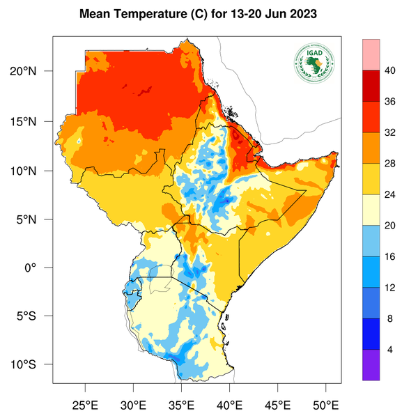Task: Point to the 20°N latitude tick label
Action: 33,72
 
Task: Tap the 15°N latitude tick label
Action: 33,121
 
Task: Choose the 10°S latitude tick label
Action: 33,364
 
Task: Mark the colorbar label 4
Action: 391,349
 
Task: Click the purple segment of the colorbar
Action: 371,364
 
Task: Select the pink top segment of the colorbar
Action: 371,54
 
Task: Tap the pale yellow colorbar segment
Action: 371,209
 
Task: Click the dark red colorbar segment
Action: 371,85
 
